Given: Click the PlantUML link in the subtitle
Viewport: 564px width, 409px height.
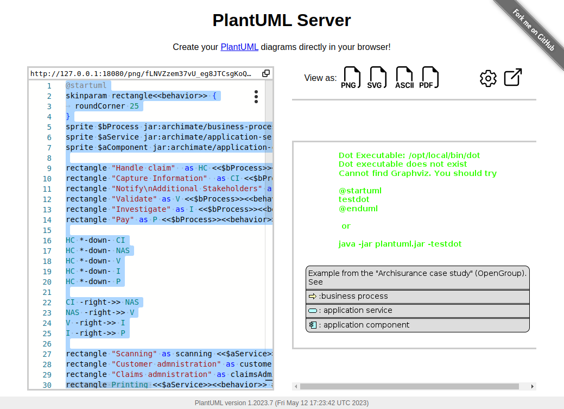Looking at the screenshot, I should [239, 47].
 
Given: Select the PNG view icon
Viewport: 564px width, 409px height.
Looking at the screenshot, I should [351, 78].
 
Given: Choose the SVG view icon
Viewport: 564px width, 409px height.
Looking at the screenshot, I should [378, 78].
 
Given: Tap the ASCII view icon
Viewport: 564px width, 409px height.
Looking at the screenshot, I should [404, 78].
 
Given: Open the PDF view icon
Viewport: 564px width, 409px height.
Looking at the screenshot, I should [429, 78].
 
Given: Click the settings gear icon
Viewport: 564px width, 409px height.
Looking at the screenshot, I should [488, 78].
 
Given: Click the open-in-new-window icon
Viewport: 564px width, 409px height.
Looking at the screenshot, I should [513, 78].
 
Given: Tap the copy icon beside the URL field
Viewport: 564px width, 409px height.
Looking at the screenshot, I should [266, 73].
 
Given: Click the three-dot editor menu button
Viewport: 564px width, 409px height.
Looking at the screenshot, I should [256, 97].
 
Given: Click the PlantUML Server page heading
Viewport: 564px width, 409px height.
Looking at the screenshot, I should [282, 21].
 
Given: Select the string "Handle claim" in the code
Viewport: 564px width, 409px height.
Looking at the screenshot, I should [143, 168].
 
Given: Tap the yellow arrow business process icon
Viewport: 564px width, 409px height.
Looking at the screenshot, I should [312, 297].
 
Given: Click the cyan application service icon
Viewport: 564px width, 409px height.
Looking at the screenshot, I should [313, 311].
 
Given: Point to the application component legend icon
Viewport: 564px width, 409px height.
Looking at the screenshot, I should [313, 325].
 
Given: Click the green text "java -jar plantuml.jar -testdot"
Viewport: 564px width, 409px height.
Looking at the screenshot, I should [400, 244].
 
